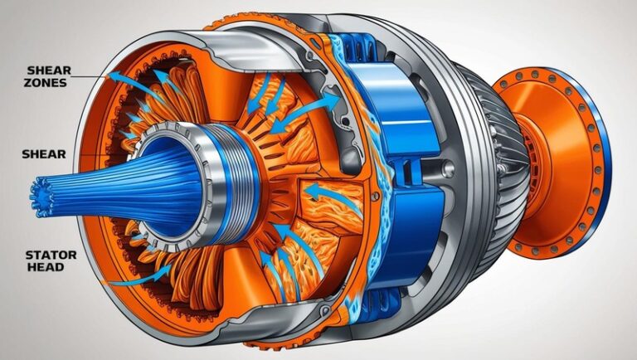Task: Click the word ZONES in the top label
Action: (x=45, y=83)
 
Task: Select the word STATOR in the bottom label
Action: (x=51, y=255)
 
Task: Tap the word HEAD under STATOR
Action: (x=40, y=267)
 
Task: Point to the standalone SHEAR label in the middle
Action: (x=44, y=154)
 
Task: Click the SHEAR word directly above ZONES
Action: (x=49, y=71)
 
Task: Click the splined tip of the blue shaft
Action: (x=41, y=197)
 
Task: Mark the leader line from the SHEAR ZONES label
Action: (x=90, y=76)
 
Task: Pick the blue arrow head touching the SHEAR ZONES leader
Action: (x=115, y=76)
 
